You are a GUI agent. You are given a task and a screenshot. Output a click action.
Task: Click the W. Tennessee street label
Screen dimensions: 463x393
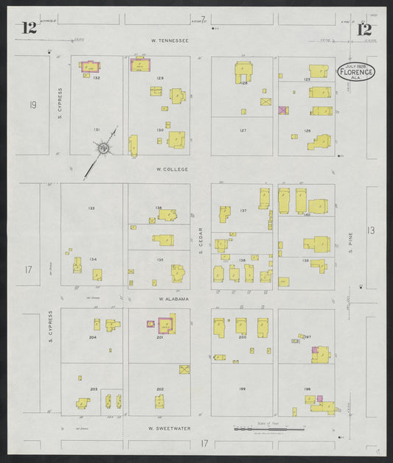(170, 40)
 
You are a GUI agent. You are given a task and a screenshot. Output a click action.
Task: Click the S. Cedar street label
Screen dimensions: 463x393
(201, 241)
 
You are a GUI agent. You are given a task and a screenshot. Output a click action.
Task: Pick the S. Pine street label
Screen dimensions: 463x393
(350, 241)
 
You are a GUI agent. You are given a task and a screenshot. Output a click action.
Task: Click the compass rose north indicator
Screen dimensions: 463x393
(105, 149)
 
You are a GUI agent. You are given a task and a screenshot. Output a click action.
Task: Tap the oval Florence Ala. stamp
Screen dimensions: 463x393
(356, 72)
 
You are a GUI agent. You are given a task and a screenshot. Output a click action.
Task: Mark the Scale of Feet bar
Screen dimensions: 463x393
(268, 428)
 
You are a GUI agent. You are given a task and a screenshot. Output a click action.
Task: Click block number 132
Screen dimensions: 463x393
(97, 77)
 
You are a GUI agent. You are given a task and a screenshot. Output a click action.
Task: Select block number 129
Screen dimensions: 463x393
(160, 77)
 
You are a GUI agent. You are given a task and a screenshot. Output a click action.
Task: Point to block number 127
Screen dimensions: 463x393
(242, 130)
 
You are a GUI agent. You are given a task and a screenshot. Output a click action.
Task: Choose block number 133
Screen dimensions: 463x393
(91, 208)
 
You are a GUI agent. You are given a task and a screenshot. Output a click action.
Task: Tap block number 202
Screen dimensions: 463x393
(160, 389)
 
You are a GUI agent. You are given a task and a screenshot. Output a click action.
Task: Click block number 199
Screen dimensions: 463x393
(242, 389)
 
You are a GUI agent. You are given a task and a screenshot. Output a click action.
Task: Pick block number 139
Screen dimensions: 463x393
(305, 260)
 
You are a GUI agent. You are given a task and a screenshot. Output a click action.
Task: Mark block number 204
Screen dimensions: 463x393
(93, 337)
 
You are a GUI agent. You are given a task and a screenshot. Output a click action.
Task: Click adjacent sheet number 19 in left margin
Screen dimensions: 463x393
(32, 105)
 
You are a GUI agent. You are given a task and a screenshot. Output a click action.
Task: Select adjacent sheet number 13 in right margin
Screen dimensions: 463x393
(372, 230)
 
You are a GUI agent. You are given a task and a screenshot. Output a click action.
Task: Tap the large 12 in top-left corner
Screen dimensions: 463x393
(29, 29)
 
